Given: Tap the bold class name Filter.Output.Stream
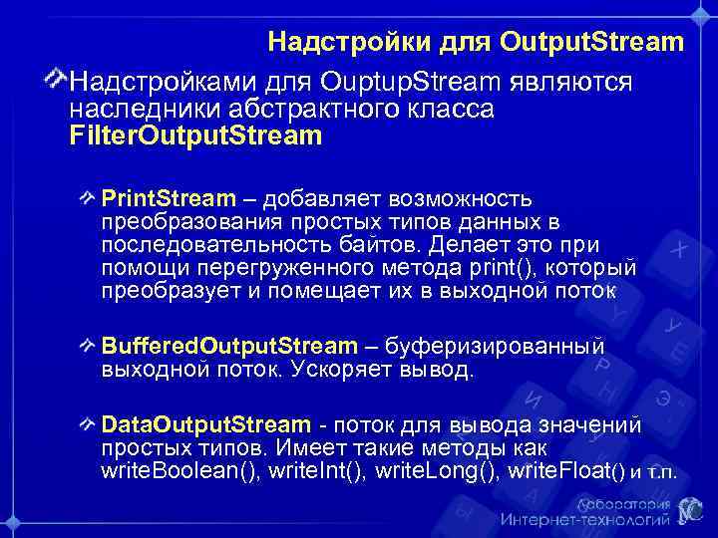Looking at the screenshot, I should click(x=195, y=134).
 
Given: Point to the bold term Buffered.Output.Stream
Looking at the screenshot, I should click(x=229, y=347).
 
